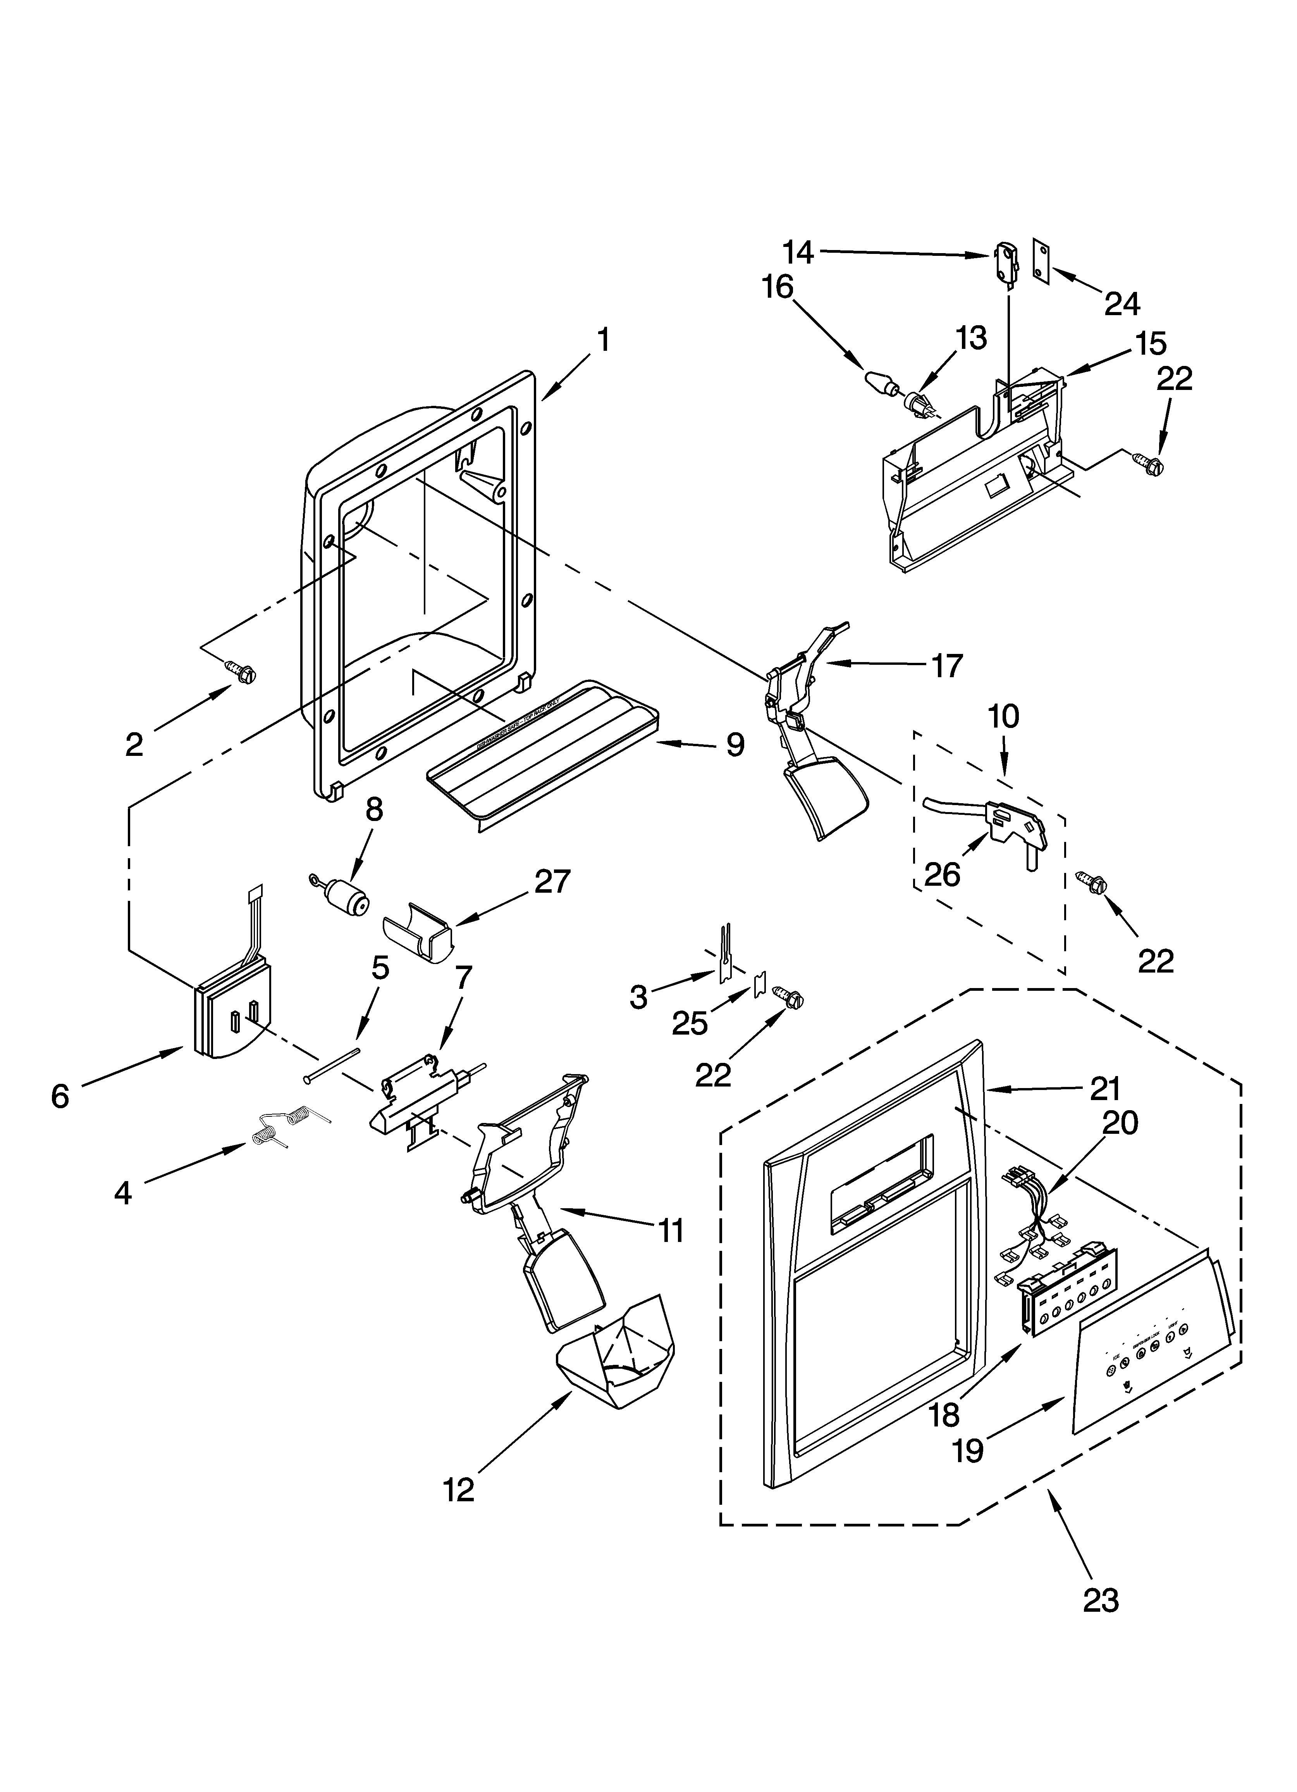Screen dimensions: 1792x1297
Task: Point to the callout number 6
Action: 60,1097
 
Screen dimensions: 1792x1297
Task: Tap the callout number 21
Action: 1105,1089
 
